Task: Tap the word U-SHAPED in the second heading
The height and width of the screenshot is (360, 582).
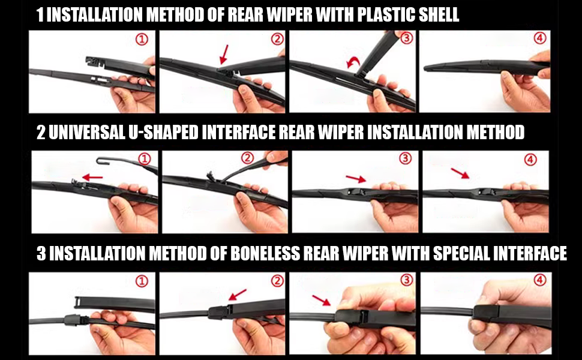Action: [x=163, y=133]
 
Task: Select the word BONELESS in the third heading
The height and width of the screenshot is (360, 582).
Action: [x=265, y=253]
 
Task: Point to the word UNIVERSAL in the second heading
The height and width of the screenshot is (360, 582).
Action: [x=87, y=133]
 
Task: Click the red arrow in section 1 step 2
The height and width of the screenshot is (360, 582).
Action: [x=224, y=54]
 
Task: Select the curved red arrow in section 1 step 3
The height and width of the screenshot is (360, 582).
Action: [x=353, y=62]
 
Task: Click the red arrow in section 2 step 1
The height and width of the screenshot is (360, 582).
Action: [x=92, y=178]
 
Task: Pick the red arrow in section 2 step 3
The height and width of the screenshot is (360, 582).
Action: [x=356, y=179]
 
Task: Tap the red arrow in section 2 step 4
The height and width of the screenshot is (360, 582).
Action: [x=460, y=173]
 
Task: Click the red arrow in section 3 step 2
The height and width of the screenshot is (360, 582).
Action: [x=238, y=295]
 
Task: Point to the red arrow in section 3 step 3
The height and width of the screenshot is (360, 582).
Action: [x=322, y=300]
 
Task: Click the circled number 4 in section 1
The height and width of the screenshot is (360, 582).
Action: [x=539, y=38]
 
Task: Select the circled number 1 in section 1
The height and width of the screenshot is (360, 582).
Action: [x=142, y=40]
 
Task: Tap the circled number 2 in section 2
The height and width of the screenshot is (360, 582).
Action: [x=248, y=158]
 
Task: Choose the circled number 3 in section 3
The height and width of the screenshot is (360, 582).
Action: [x=407, y=280]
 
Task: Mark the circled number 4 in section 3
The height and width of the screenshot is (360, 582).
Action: [x=539, y=280]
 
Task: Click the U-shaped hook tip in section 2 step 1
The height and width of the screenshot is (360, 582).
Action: [x=98, y=161]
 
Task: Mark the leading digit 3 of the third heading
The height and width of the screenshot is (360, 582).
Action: [x=41, y=253]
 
